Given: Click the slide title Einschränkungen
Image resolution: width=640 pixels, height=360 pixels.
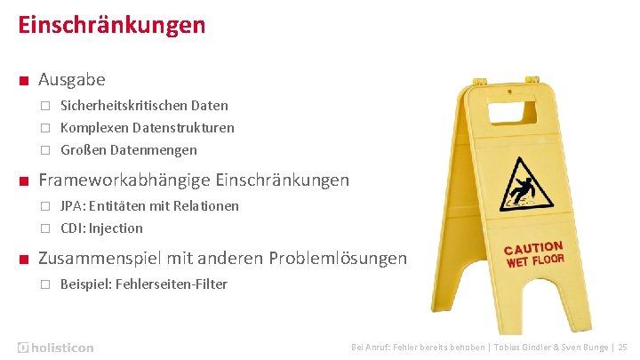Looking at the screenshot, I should tap(112, 24).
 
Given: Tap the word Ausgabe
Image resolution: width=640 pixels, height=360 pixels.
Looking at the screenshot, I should tap(72, 80).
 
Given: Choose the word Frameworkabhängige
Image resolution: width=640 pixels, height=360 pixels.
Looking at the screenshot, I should tap(124, 180).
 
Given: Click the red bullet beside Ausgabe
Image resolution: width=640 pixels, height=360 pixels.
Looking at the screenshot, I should tap(22, 81).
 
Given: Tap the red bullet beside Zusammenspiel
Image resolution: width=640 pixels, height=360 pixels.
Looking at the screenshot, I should tap(22, 260).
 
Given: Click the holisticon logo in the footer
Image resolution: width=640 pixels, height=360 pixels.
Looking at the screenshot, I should tap(55, 347).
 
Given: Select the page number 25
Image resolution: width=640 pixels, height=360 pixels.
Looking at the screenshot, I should tap(622, 347).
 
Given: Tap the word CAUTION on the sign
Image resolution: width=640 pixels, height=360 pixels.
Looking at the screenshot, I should tap(532, 249).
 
